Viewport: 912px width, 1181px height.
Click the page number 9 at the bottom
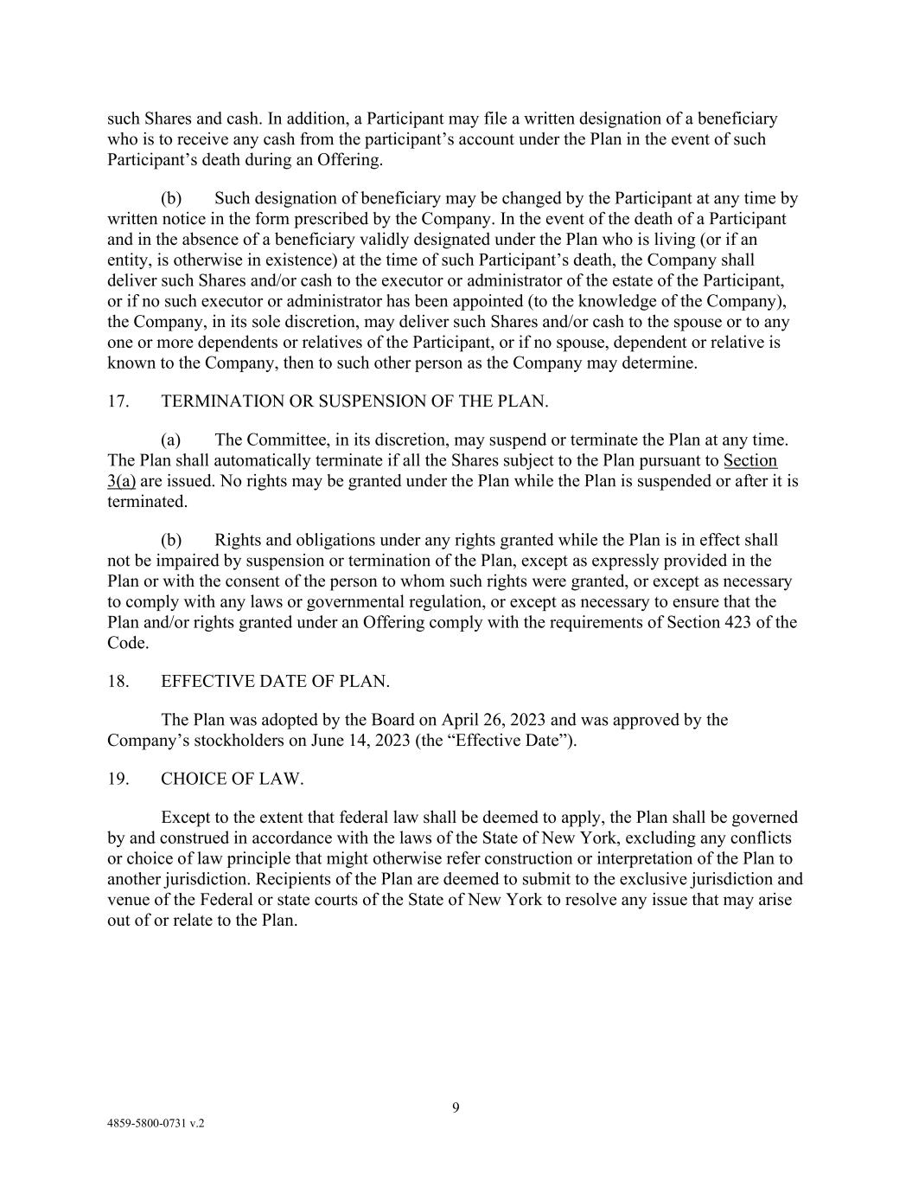[x=456, y=1107]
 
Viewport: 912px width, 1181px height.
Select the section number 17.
[x=118, y=401]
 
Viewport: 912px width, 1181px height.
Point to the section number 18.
[x=118, y=682]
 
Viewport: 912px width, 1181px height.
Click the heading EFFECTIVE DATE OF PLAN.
[x=275, y=682]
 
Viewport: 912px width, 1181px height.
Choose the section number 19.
[x=118, y=779]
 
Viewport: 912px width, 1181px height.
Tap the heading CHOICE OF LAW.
[x=232, y=779]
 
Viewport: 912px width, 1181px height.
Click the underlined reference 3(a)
[x=121, y=481]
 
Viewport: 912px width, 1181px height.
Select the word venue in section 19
[x=128, y=900]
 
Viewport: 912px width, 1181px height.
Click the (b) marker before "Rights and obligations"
[x=170, y=540]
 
